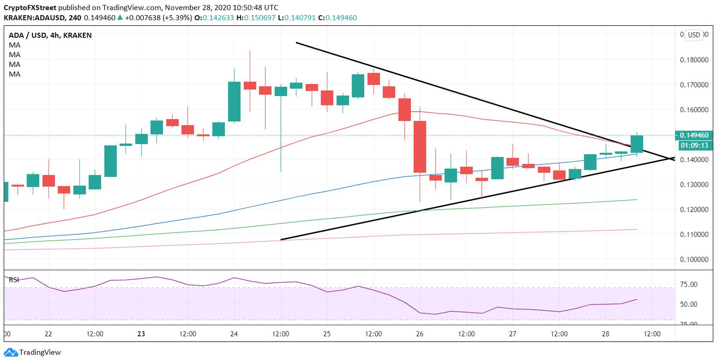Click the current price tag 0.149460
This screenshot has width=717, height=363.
click(x=695, y=135)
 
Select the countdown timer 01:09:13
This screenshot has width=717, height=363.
click(x=695, y=145)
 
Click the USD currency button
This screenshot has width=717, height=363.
click(x=694, y=35)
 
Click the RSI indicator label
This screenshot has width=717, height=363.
click(x=14, y=280)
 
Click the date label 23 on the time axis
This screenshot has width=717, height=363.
click(x=141, y=334)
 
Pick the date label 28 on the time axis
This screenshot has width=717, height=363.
click(x=605, y=334)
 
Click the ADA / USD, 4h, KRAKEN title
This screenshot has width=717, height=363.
click(x=50, y=35)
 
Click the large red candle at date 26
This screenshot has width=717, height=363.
click(x=420, y=147)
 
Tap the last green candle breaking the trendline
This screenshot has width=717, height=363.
click(x=637, y=144)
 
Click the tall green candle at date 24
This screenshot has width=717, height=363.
click(x=234, y=101)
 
